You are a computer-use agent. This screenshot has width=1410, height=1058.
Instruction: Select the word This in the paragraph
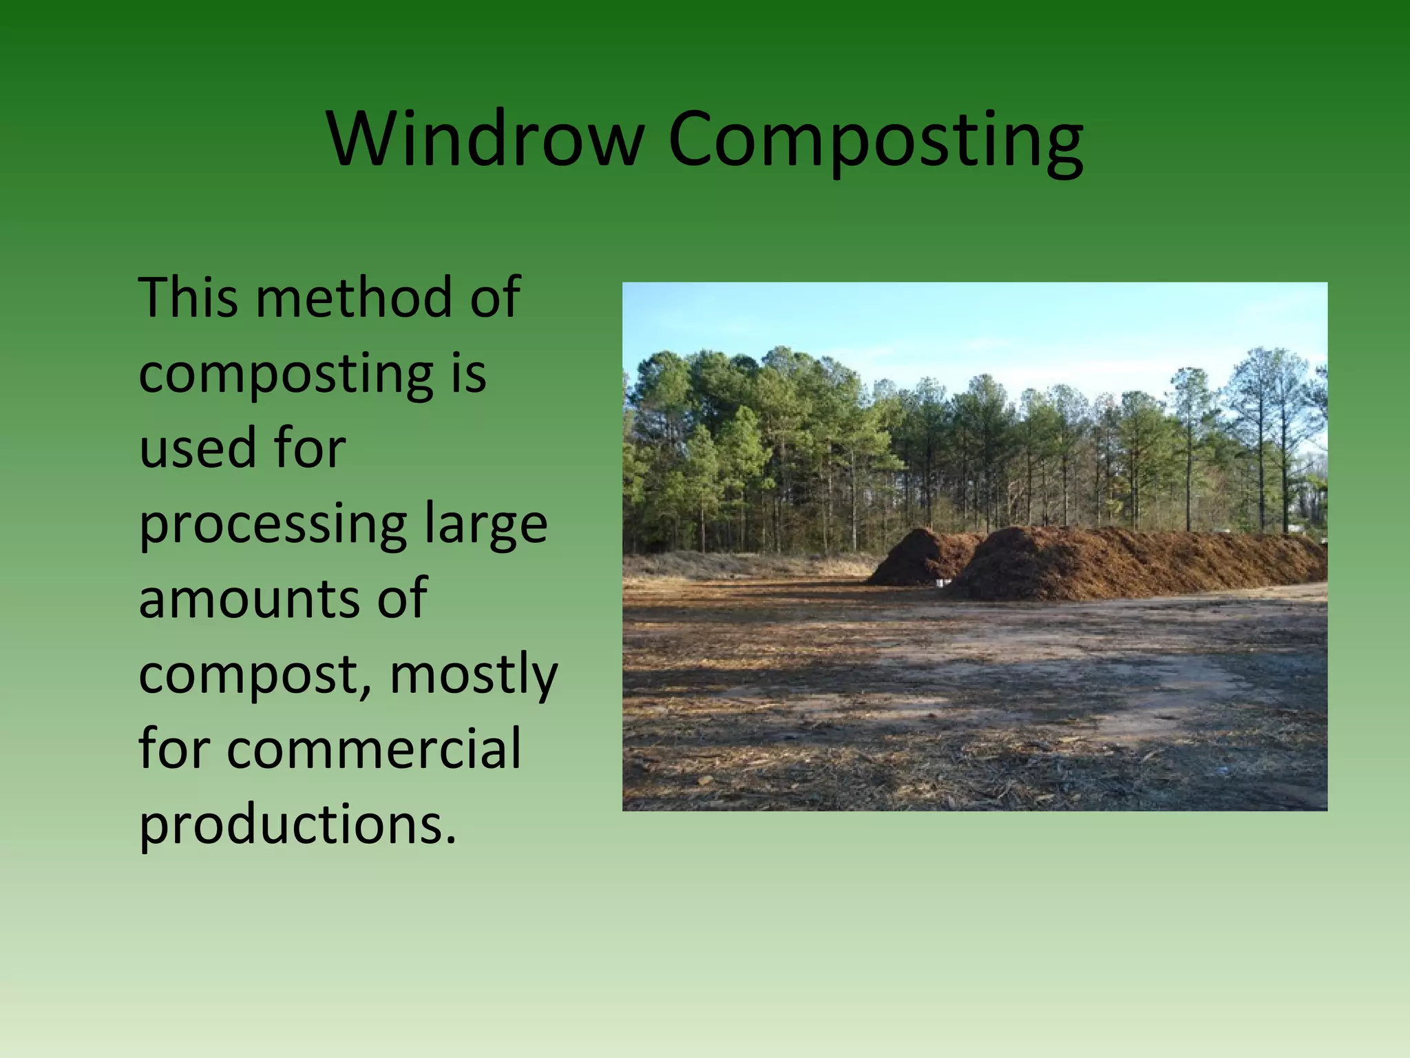point(189,298)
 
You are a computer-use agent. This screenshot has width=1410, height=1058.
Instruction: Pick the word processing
point(273,525)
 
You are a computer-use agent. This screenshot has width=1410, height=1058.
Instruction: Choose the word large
point(485,525)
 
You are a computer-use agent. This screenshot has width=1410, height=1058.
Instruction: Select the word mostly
point(473,675)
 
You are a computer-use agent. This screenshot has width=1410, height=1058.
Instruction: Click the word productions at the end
point(297,825)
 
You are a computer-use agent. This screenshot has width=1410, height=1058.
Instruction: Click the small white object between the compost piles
point(940,583)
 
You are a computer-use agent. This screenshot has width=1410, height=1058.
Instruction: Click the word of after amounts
point(402,598)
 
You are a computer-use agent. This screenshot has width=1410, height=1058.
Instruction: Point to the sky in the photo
point(964,324)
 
